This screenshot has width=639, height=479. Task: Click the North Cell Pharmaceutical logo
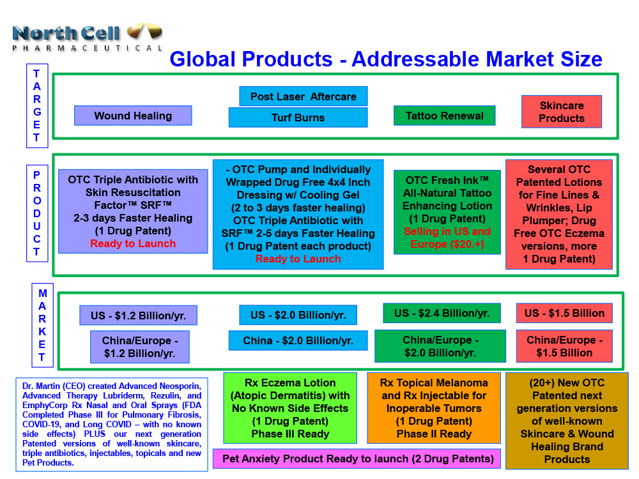(x=87, y=36)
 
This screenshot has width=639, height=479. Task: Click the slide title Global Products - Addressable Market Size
(x=385, y=59)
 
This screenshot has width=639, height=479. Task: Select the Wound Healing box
(x=133, y=116)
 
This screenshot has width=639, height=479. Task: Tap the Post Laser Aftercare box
(x=304, y=96)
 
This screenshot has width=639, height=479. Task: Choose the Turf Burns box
(x=298, y=118)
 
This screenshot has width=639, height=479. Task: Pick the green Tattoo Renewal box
(x=445, y=116)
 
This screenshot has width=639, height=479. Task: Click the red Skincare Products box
(x=562, y=112)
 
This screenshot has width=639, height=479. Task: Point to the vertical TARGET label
(x=36, y=105)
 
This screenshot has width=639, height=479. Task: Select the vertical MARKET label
(x=42, y=325)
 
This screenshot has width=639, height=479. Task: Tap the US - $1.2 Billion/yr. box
(x=138, y=315)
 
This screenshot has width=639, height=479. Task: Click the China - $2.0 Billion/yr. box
(x=298, y=340)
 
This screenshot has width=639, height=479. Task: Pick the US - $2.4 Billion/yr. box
(x=442, y=313)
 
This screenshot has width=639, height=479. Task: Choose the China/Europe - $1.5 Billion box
(x=564, y=346)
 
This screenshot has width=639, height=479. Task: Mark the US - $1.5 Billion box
(x=564, y=313)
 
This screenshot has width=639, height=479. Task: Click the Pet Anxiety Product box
(x=357, y=459)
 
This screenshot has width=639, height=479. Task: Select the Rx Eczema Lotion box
(x=290, y=408)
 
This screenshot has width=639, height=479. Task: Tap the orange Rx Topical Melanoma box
(x=434, y=408)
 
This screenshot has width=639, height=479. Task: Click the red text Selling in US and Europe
(x=447, y=238)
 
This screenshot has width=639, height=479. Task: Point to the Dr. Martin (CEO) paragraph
(x=112, y=424)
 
